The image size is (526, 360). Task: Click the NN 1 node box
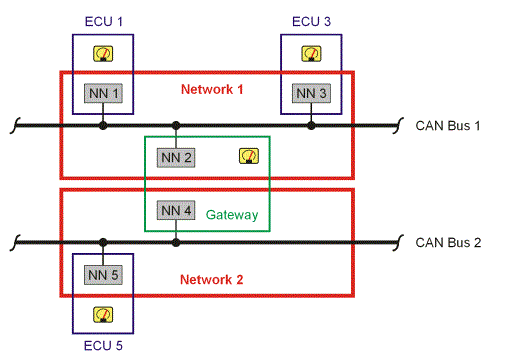click(103, 93)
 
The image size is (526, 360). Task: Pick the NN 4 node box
click(176, 211)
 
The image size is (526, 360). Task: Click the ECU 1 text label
click(101, 20)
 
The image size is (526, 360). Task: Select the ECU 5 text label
click(101, 346)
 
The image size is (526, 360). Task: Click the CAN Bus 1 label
click(449, 126)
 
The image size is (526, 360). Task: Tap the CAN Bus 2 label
click(449, 242)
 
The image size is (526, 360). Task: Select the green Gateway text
click(232, 215)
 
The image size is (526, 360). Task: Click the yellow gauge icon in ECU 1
click(101, 55)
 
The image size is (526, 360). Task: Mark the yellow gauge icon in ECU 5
click(101, 314)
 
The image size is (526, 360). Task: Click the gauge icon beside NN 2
click(248, 155)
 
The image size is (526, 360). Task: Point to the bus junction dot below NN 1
click(103, 126)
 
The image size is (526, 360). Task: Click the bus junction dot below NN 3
click(311, 126)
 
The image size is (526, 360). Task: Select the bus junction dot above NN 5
click(103, 242)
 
